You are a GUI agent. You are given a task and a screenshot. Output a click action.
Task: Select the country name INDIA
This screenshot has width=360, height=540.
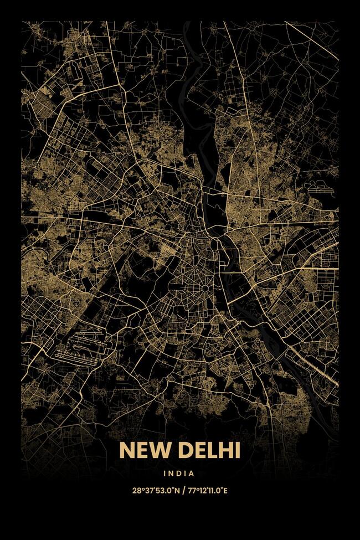pos(179,474)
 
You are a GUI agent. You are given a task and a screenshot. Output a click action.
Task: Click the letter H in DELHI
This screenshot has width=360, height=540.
pos(224,451)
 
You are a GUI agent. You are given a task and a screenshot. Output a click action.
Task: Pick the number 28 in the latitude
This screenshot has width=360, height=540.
pos(136,490)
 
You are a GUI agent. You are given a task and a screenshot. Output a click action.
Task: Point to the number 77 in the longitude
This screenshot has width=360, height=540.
pos(191,490)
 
